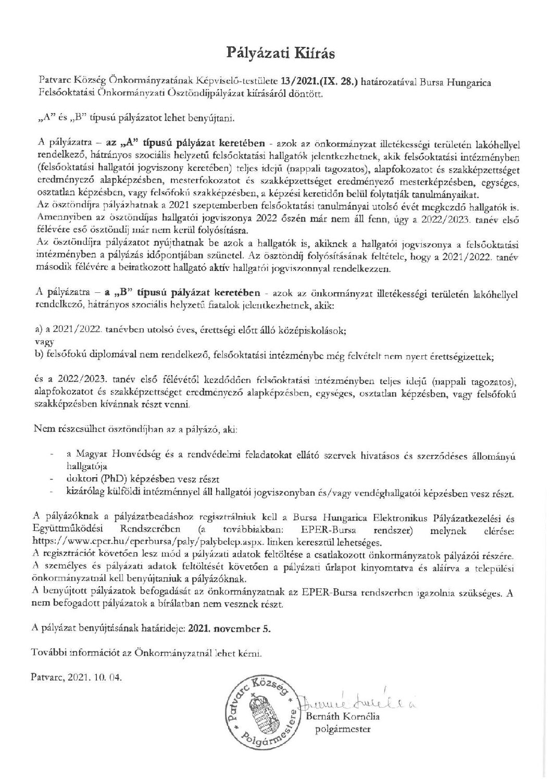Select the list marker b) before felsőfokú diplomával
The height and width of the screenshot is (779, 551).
[37, 355]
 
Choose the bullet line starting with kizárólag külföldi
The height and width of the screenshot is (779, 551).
[289, 492]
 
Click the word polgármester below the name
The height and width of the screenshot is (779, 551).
[343, 729]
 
